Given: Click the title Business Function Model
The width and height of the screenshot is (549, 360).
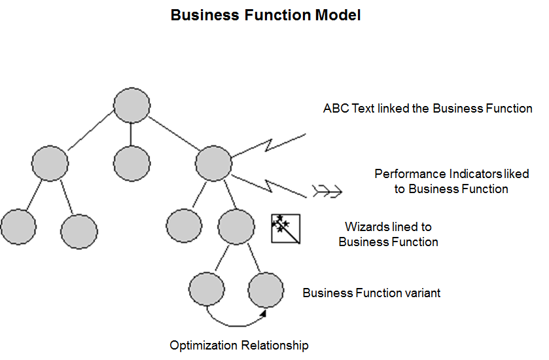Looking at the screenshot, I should (x=265, y=15).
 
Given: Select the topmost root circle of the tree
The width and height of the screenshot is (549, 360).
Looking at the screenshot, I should (x=132, y=105).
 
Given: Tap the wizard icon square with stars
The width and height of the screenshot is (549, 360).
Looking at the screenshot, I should (x=285, y=228).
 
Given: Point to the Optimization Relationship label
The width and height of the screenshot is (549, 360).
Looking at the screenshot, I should (x=239, y=345).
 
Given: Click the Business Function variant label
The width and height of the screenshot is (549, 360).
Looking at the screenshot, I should (x=371, y=293).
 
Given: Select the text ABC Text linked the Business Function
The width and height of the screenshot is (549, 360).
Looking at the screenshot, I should (x=427, y=109).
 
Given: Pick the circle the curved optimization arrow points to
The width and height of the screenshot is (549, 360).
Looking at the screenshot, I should (x=266, y=288).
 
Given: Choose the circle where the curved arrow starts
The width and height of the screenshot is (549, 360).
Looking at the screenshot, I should (x=206, y=288).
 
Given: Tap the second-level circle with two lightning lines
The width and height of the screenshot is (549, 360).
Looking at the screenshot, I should (x=214, y=162).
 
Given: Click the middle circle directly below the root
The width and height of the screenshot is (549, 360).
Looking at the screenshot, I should (x=132, y=162).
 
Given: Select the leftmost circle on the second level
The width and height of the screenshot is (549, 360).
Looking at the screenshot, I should (x=50, y=162).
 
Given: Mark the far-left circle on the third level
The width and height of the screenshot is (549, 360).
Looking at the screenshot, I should (x=18, y=226).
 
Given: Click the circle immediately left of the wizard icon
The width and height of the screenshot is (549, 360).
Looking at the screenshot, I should (x=236, y=226).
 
